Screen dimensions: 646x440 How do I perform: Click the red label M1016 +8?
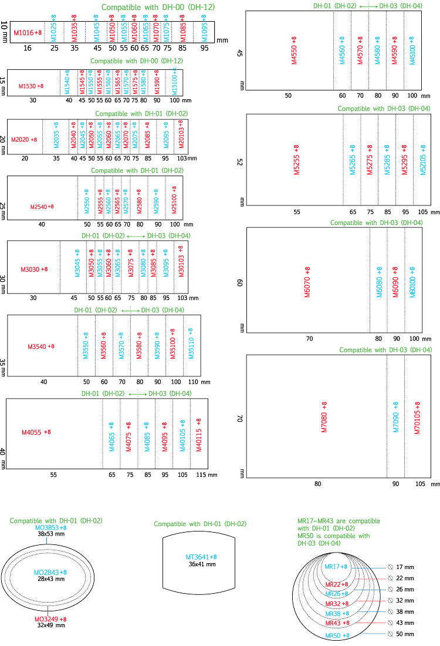click(28, 32)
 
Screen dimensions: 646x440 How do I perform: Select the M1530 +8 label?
click(31, 86)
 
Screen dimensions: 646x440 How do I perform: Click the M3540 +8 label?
click(40, 346)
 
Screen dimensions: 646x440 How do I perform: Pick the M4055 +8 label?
click(36, 432)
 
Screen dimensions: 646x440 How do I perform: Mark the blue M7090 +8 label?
click(395, 417)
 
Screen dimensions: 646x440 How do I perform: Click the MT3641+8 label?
click(202, 557)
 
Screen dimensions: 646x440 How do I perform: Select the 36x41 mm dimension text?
click(201, 564)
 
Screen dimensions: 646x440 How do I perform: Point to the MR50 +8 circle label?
click(338, 635)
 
